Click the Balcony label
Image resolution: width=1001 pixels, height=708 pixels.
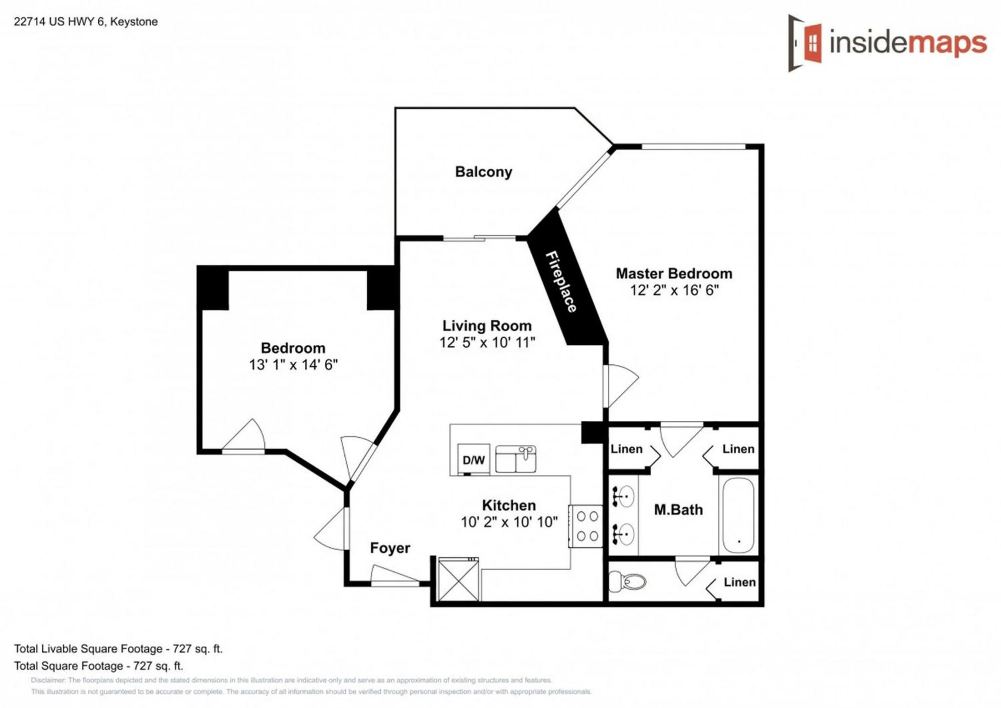[x=483, y=172]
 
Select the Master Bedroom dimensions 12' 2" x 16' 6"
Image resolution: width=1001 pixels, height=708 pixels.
[x=674, y=290]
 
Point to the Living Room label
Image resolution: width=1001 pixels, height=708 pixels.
[x=486, y=326]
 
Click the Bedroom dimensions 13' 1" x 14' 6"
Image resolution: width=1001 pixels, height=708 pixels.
[x=293, y=364]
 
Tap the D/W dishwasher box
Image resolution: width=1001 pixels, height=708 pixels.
[x=473, y=459]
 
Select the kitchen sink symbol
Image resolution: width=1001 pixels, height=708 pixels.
[x=516, y=459]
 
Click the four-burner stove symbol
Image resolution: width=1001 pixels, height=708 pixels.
[x=587, y=526]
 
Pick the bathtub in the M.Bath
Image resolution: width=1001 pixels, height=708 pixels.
[x=738, y=516]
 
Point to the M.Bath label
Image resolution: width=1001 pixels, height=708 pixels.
[x=678, y=509]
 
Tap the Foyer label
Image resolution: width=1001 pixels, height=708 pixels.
[x=390, y=548]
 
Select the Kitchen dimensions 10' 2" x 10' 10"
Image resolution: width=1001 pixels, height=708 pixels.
[x=509, y=522]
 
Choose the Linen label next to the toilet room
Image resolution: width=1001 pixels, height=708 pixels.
[x=739, y=582]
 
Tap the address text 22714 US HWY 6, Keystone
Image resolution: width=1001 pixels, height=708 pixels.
[x=85, y=22]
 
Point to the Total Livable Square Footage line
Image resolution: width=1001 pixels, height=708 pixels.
[x=118, y=649]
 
